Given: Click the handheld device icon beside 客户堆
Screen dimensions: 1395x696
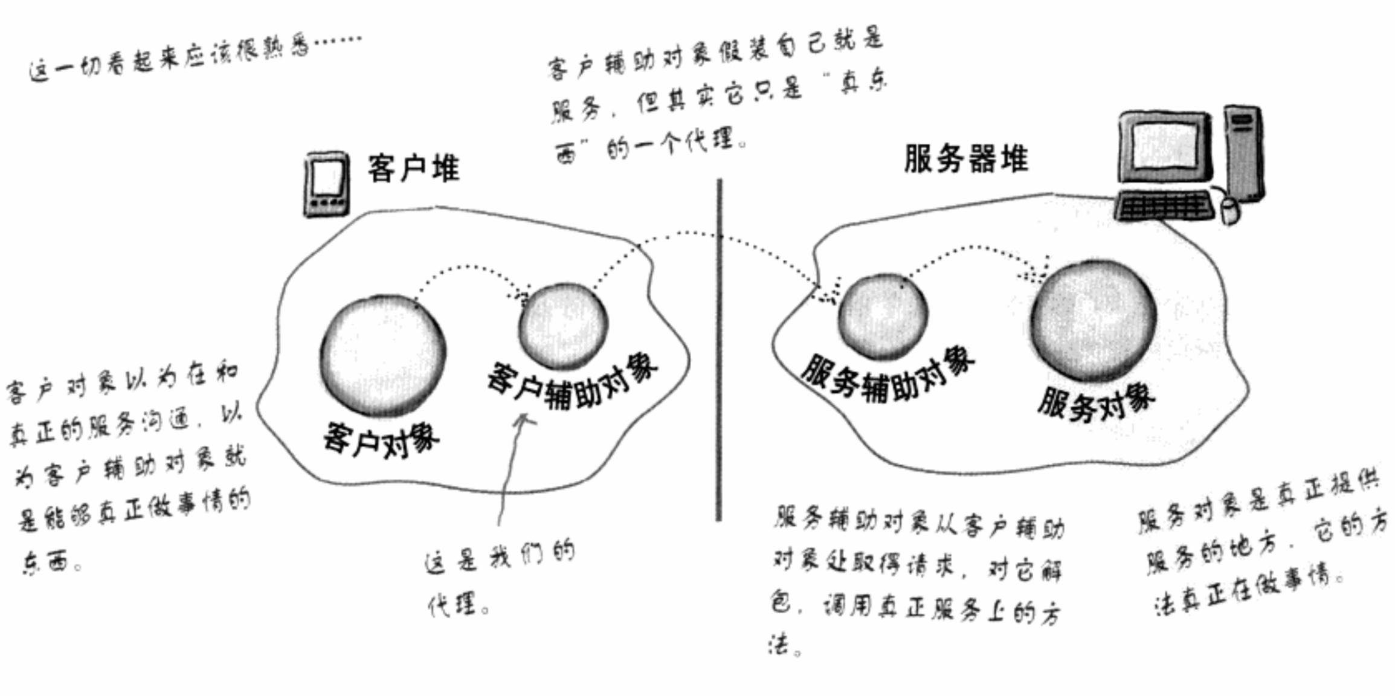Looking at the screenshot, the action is click(326, 184).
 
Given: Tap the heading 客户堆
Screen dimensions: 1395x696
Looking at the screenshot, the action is click(413, 168).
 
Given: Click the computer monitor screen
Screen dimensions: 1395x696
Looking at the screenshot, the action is click(1165, 145).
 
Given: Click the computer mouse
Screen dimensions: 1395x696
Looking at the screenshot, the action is click(1230, 210).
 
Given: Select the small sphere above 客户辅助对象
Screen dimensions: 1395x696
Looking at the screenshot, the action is click(563, 326).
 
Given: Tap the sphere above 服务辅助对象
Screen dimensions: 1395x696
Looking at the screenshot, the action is click(883, 317).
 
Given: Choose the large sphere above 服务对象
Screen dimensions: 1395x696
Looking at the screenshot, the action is click(1094, 320).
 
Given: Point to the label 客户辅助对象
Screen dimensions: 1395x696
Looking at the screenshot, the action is click(572, 383).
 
